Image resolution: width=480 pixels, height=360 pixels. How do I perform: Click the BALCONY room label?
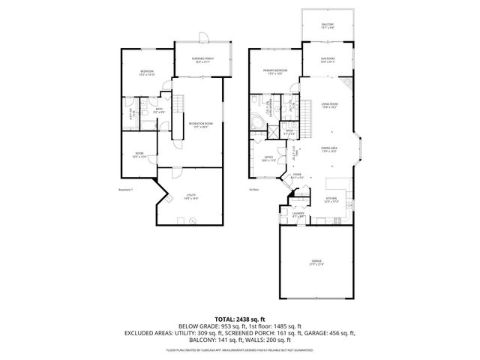(328, 25)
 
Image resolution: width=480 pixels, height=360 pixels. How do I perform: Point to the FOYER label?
(297, 175)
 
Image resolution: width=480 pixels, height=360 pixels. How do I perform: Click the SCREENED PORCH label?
(202, 59)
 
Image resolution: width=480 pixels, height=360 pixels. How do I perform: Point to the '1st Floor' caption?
(253, 190)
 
